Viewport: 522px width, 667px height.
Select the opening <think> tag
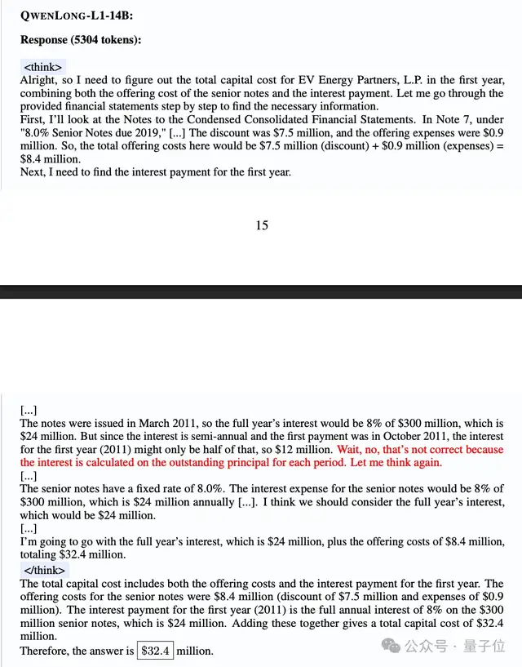click(43, 67)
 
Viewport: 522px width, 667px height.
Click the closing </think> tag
click(45, 570)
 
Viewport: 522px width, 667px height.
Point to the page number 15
click(261, 225)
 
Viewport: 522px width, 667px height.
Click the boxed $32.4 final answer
click(155, 651)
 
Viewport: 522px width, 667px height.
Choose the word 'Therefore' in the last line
click(46, 651)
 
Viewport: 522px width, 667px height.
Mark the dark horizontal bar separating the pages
click(261, 291)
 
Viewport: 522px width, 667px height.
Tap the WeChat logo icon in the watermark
click(393, 646)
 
